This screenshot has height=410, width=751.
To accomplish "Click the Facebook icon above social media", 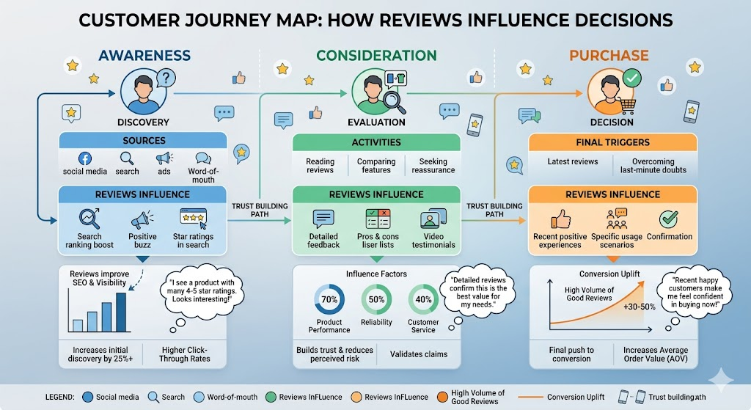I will [84, 158].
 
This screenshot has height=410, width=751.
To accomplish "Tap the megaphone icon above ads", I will [164, 158].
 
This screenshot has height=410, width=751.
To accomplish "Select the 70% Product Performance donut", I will [329, 300].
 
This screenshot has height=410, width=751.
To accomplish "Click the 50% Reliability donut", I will [377, 300].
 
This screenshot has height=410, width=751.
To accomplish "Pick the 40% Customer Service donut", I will [423, 300].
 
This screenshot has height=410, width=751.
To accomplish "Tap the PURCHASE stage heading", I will [610, 55].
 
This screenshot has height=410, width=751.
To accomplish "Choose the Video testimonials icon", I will [429, 219].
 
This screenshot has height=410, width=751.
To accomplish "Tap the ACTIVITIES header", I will [376, 142].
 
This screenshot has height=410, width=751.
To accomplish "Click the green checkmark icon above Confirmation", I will [669, 219].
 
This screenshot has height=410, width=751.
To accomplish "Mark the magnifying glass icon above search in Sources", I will [127, 158].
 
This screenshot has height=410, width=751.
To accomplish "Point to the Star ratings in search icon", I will [194, 217].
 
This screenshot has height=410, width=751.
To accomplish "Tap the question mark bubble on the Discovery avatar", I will [166, 78].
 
